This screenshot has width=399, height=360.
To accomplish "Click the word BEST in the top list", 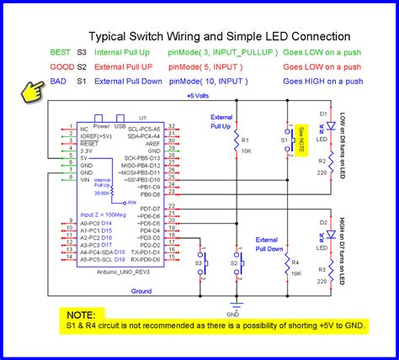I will (x=61, y=52).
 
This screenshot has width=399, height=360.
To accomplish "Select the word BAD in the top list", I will (x=59, y=81).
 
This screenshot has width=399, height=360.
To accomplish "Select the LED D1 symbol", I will (x=332, y=126).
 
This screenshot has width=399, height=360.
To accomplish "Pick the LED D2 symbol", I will (x=332, y=236).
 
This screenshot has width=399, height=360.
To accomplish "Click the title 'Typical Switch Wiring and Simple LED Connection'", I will (x=220, y=36).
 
